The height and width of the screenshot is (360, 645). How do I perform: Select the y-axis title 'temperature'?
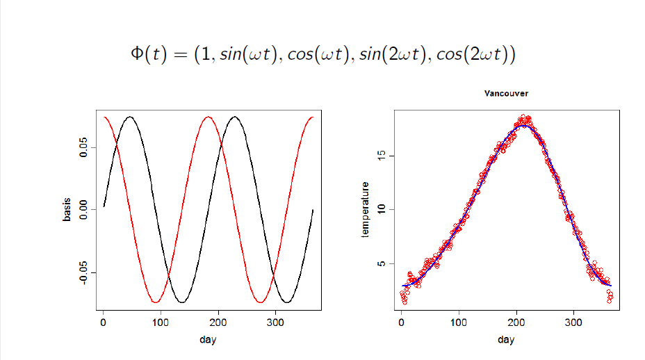365,211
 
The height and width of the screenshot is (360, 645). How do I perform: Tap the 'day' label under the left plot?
207,340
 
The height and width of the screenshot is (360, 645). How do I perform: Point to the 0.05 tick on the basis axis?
83,147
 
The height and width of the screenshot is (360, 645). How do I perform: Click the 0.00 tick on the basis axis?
83,209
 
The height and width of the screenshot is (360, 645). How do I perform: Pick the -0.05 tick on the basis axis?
83,272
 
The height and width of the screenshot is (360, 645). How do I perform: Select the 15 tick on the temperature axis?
382,156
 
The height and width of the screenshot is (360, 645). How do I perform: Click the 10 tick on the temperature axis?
382,210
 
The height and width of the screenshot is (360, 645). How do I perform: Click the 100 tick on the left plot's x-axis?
161,323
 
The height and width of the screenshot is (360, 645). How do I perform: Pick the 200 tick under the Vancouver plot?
516,323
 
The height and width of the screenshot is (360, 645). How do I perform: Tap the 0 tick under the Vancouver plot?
401,323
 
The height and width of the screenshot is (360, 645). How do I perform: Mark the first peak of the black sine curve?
129,117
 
